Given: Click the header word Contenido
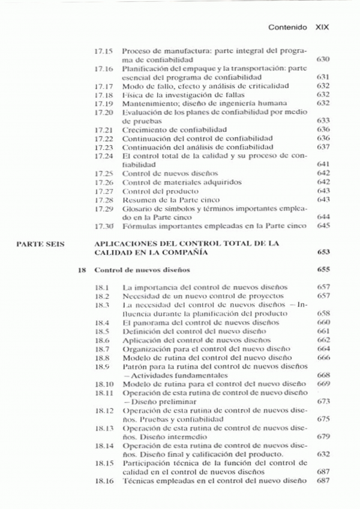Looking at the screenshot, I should pyautogui.click(x=288, y=28).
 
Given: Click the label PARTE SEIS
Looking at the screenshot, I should pyautogui.click(x=40, y=244).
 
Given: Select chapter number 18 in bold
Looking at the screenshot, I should pyautogui.click(x=82, y=270).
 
